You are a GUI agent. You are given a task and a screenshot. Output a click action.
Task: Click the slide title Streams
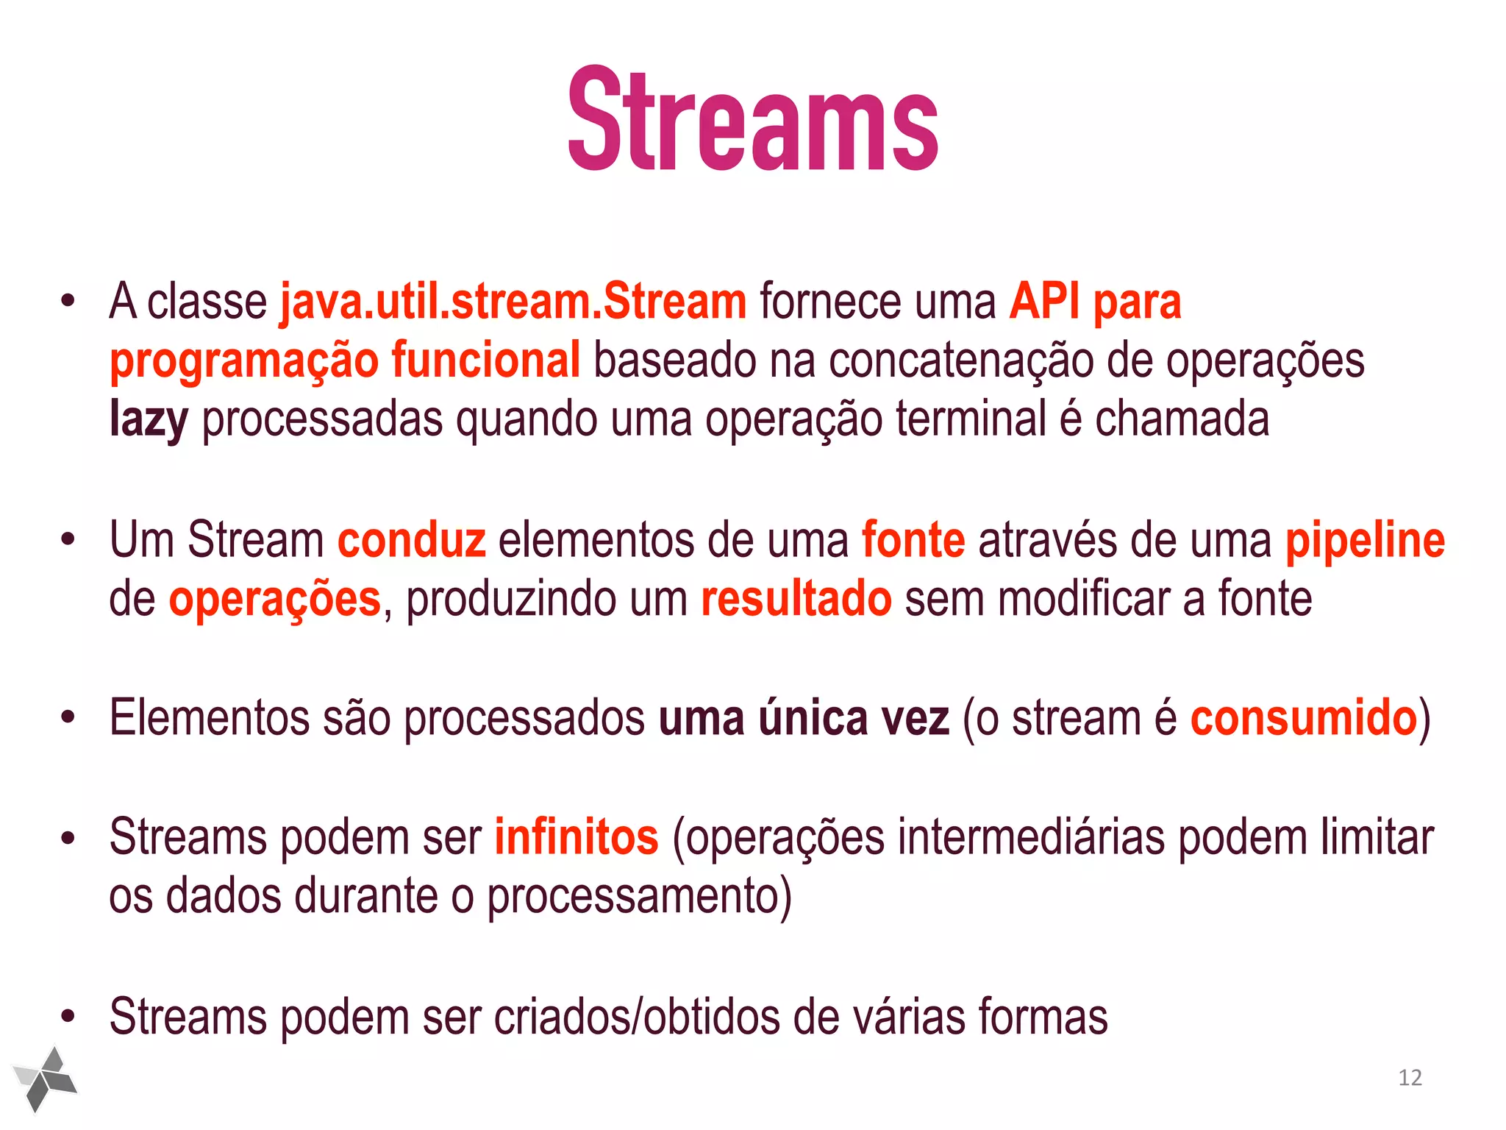753,119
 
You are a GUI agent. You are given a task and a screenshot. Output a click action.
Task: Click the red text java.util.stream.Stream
513,302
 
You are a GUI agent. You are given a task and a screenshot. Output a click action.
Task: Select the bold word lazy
149,419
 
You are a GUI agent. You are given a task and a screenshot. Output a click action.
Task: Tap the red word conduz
411,540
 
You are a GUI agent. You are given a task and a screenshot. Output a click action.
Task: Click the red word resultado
796,599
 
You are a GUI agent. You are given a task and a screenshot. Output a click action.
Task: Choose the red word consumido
1303,718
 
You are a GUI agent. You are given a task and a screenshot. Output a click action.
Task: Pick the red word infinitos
576,837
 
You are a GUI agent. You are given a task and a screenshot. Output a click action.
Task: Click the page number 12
1410,1078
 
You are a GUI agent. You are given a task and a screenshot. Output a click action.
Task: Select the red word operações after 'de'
275,599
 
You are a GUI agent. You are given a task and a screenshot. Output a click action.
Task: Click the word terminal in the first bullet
971,419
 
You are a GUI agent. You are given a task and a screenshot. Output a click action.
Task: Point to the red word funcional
485,360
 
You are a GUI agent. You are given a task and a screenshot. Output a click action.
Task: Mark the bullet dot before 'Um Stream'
68,541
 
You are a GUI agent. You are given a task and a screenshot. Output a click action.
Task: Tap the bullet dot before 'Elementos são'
68,718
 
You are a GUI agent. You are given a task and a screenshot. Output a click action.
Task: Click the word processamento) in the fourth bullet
640,896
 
